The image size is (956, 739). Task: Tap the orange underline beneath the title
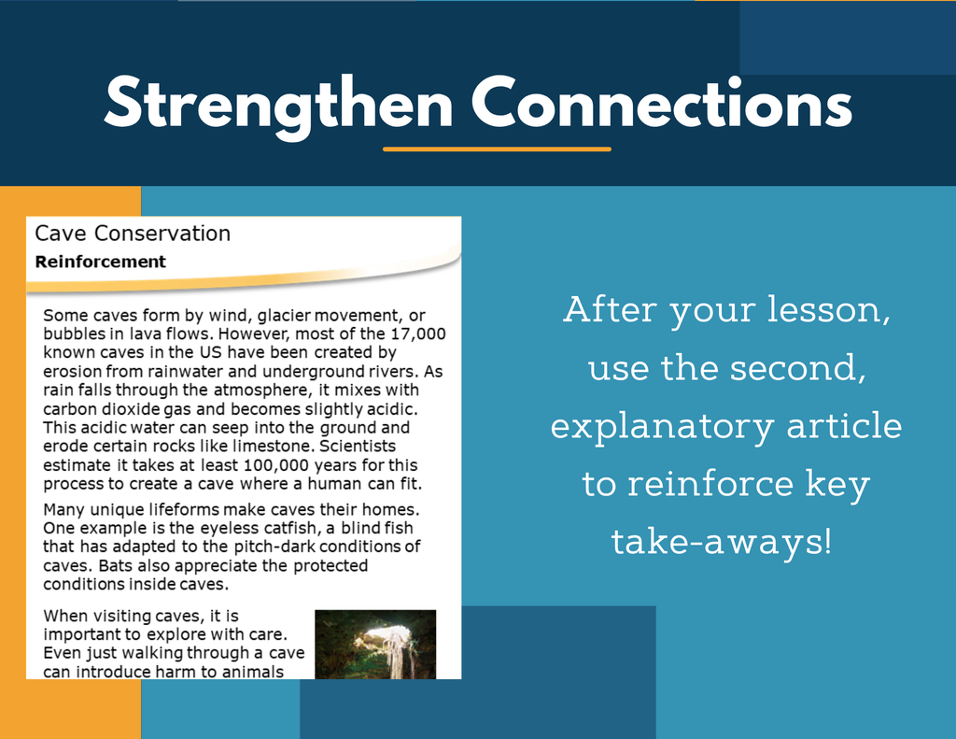point(497,149)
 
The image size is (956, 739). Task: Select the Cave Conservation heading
point(133,234)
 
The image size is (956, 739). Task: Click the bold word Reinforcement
point(100,262)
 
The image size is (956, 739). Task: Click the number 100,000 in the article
point(275,465)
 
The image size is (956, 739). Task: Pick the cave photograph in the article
point(375,644)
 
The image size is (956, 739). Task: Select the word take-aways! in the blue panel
point(722,542)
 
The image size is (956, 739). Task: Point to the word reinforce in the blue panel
point(711,483)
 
